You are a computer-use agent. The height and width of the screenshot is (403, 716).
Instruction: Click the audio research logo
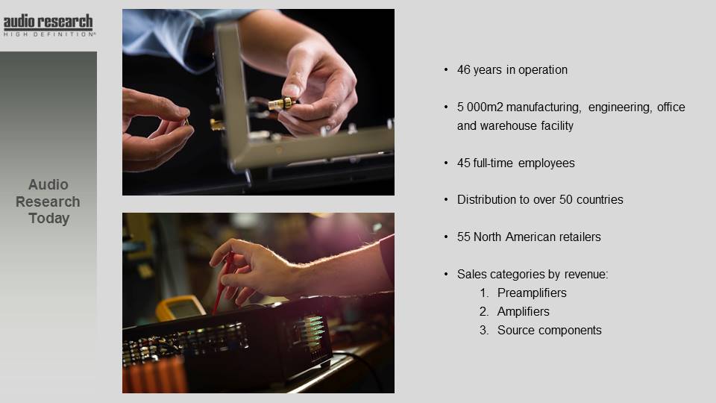point(48,25)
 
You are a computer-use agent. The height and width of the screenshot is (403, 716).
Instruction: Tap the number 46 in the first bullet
point(463,70)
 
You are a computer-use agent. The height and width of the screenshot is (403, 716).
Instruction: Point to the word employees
point(547,163)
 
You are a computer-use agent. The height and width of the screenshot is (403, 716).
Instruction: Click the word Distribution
point(487,200)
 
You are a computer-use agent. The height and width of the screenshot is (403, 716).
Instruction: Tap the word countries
point(600,200)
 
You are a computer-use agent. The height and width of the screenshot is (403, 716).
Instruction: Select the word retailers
point(580,237)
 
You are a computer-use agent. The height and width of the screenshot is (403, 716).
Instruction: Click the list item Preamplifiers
point(532,293)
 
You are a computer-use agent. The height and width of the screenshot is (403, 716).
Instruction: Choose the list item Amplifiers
point(524,312)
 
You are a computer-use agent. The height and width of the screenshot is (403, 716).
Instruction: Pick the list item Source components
point(550,331)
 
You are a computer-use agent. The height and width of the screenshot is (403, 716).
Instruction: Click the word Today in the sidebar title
point(49,219)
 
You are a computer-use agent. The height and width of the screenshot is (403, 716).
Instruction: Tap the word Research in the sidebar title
point(48,201)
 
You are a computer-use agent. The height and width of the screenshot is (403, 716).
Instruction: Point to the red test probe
point(222,282)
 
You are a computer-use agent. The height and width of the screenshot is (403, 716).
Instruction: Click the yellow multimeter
point(180,307)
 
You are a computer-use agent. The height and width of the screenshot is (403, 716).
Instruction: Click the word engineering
point(620,107)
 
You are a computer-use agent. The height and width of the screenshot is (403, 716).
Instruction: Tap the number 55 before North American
point(463,237)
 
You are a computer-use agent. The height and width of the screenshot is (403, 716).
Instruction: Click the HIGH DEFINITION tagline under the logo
point(49,34)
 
